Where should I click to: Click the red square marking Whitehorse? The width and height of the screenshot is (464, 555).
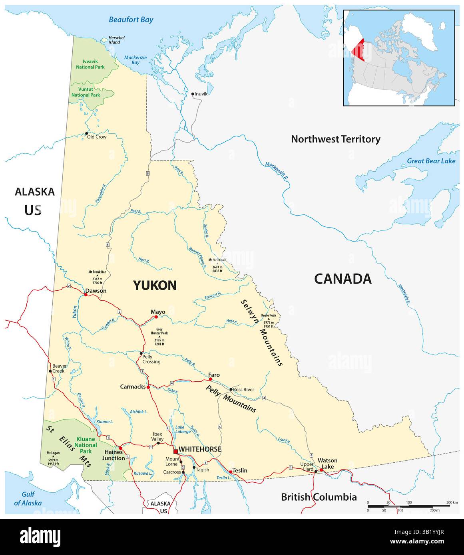pos(175,452)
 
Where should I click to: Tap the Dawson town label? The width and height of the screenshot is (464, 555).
pos(97,291)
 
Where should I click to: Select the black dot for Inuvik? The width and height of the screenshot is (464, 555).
pos(193,94)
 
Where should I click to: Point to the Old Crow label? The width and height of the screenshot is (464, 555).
pos(97,137)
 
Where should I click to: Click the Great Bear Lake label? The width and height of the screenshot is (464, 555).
pos(431,161)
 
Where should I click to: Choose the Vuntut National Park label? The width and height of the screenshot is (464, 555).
pos(86,93)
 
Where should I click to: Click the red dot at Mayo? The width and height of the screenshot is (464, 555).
pos(156,317)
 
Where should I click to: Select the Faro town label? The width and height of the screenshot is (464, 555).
pos(214,375)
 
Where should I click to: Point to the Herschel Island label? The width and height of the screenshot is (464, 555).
pos(116,40)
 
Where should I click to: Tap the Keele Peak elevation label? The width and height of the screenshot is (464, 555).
pos(268,321)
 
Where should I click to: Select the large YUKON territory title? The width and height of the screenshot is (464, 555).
pos(154,285)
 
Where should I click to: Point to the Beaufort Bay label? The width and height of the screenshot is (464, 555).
pos(131,20)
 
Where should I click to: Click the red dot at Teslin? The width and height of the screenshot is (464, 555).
pos(230,472)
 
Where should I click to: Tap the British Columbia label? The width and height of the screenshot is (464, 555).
pos(319,497)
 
